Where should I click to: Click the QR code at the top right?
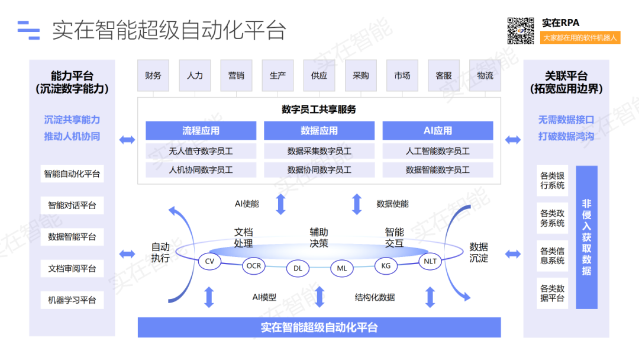coord(521,31)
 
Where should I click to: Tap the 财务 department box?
coord(153,75)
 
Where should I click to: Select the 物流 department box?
coord(485,75)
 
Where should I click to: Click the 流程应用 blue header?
coord(201,131)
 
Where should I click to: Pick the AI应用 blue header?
coord(437,131)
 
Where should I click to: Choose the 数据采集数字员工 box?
coord(319,151)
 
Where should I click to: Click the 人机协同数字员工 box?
coord(201,170)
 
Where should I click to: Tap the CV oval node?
coord(209,261)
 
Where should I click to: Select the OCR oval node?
coord(254,266)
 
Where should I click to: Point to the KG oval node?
coord(386,266)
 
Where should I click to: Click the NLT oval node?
coord(430,261)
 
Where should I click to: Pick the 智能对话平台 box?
coord(72,205)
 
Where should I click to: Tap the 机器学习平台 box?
coord(72,300)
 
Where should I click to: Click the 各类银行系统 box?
coord(552,181)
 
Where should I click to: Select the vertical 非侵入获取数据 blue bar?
coord(586,237)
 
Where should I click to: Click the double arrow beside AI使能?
coord(281,204)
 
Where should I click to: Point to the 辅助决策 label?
coord(319,237)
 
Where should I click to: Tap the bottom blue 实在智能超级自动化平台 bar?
coord(319,327)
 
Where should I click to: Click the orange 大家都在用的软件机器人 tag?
coord(580,37)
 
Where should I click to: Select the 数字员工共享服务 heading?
coord(319,110)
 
